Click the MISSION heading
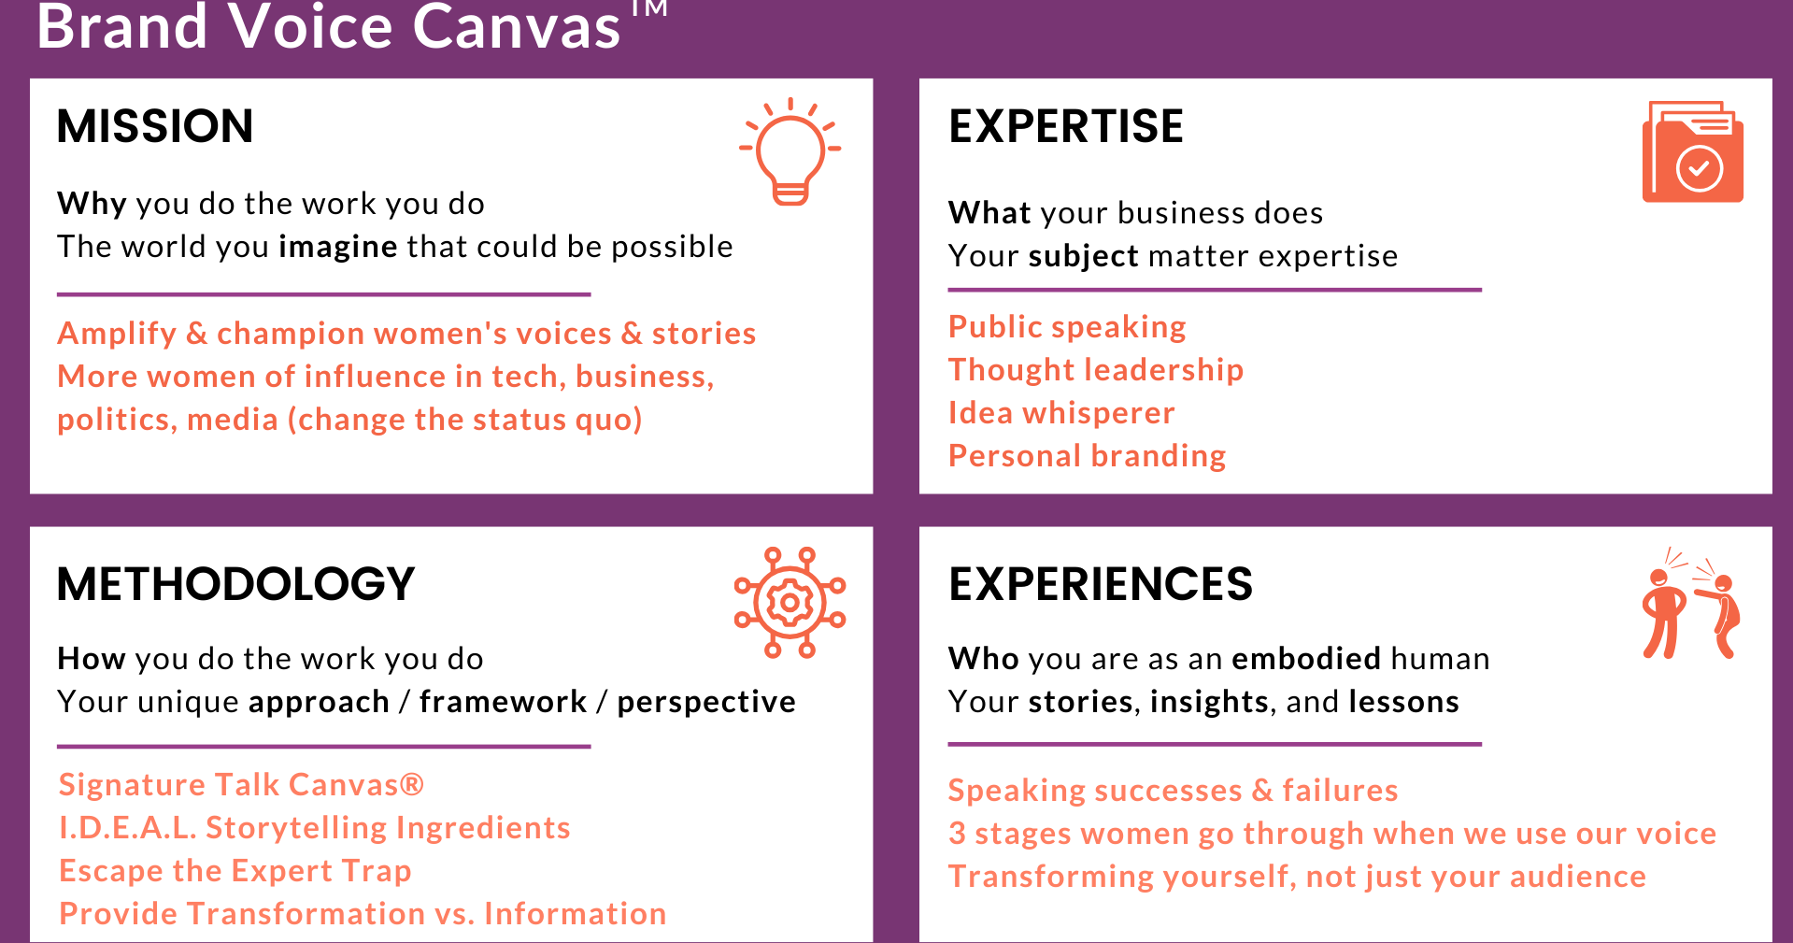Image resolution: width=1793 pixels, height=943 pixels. (155, 126)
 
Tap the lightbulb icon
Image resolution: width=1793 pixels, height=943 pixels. (790, 150)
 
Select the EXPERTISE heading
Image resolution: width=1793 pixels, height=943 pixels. (1066, 126)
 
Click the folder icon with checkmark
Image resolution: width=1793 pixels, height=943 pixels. (1692, 152)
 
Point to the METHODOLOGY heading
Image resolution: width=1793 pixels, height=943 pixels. (235, 584)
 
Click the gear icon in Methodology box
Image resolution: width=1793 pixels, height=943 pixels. (790, 603)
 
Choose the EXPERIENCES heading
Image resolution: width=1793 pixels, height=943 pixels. (1101, 584)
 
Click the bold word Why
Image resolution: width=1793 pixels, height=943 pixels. (92, 204)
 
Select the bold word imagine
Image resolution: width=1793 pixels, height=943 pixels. (338, 247)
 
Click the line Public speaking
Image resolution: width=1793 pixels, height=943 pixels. (1067, 327)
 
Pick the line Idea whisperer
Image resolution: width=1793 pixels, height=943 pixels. (1061, 413)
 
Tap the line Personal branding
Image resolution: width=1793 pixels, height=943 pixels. (1087, 456)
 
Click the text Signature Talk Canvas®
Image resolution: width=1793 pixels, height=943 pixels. (241, 785)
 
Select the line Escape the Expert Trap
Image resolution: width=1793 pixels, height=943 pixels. (235, 871)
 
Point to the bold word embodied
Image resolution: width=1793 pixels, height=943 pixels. (1306, 659)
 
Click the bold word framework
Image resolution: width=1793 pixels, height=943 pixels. (503, 702)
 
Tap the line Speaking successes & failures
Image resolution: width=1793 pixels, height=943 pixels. (1173, 791)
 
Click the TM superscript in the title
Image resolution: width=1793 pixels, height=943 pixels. (648, 9)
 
